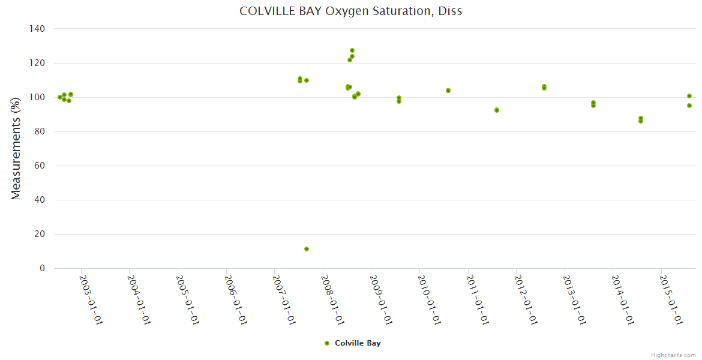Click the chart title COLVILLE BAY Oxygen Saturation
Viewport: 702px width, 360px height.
click(351, 11)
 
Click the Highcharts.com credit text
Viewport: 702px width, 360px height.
click(673, 355)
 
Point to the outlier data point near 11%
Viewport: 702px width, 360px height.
click(307, 249)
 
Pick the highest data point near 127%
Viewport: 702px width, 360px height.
click(352, 50)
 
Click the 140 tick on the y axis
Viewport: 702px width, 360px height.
click(37, 29)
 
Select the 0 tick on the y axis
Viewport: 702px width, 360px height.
click(42, 268)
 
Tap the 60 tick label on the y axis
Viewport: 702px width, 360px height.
click(40, 166)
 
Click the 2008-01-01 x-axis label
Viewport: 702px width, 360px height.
click(333, 299)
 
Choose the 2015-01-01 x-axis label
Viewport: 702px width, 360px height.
click(671, 299)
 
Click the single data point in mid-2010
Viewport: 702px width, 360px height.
click(448, 91)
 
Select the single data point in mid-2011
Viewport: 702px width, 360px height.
click(497, 110)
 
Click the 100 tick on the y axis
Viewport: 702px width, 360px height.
click(37, 97)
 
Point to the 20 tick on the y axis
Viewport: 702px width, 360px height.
click(40, 234)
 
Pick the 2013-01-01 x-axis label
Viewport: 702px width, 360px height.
click(575, 299)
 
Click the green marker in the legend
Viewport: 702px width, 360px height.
click(327, 343)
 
